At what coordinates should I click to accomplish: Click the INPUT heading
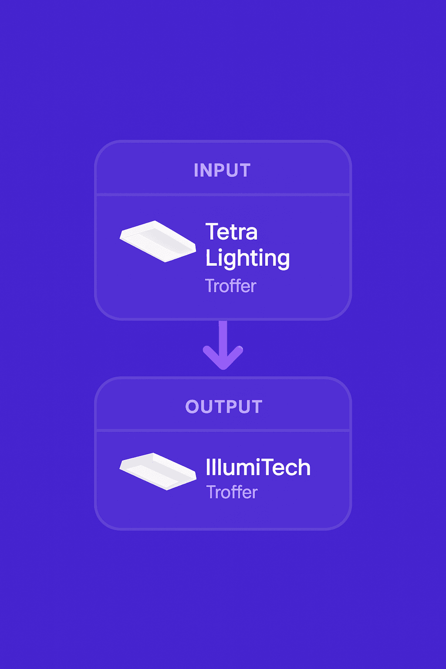tap(222, 170)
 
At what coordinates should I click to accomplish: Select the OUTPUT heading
tap(223, 407)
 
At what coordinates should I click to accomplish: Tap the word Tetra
tap(231, 232)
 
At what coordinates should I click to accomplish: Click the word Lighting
tap(247, 258)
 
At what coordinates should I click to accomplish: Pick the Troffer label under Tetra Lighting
tap(230, 286)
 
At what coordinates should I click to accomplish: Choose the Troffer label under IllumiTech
tap(232, 492)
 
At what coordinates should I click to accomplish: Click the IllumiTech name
tap(258, 468)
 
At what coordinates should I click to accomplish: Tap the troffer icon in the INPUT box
tap(158, 241)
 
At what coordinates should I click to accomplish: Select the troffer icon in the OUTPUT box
tap(158, 471)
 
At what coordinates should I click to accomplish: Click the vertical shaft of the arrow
tap(223, 333)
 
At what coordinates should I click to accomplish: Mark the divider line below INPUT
tap(223, 194)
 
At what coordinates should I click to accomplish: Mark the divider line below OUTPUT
tap(223, 431)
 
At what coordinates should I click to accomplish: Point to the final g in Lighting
tap(282, 260)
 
